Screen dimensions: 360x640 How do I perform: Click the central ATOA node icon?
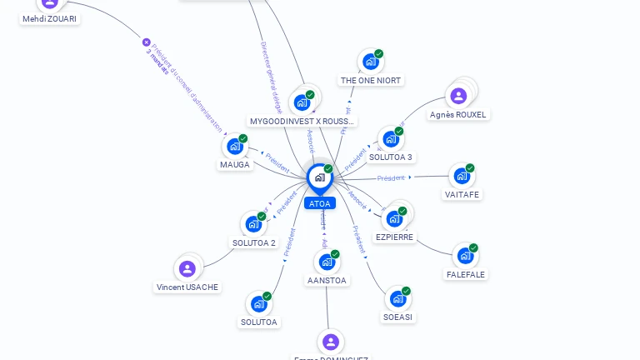coord(319,177)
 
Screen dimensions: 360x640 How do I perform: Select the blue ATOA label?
coord(319,203)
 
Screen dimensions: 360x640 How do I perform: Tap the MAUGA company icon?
coord(235,147)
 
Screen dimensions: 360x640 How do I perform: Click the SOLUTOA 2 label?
coord(254,242)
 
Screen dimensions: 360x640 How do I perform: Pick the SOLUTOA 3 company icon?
coord(390,140)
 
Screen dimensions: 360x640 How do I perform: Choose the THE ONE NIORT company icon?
coord(371,62)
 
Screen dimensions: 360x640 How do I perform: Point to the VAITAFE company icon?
coord(462,177)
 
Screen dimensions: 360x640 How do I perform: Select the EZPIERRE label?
coord(394,237)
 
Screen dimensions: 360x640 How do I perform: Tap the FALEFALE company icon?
coord(464,257)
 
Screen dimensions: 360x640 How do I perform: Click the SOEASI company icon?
coord(397,299)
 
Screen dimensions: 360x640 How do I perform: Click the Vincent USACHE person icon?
coord(187,269)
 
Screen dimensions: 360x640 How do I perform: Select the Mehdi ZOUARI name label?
coord(50,18)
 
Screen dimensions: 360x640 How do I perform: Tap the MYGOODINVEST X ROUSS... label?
coord(302,121)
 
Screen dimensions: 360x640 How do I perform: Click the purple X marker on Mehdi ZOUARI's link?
coord(147,42)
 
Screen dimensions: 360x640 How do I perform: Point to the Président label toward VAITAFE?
coord(391,177)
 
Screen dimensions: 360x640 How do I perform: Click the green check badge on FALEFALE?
coord(473,247)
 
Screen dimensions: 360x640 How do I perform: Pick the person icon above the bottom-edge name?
coord(331,342)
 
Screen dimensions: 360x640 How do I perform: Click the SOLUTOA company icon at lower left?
coord(258,304)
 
